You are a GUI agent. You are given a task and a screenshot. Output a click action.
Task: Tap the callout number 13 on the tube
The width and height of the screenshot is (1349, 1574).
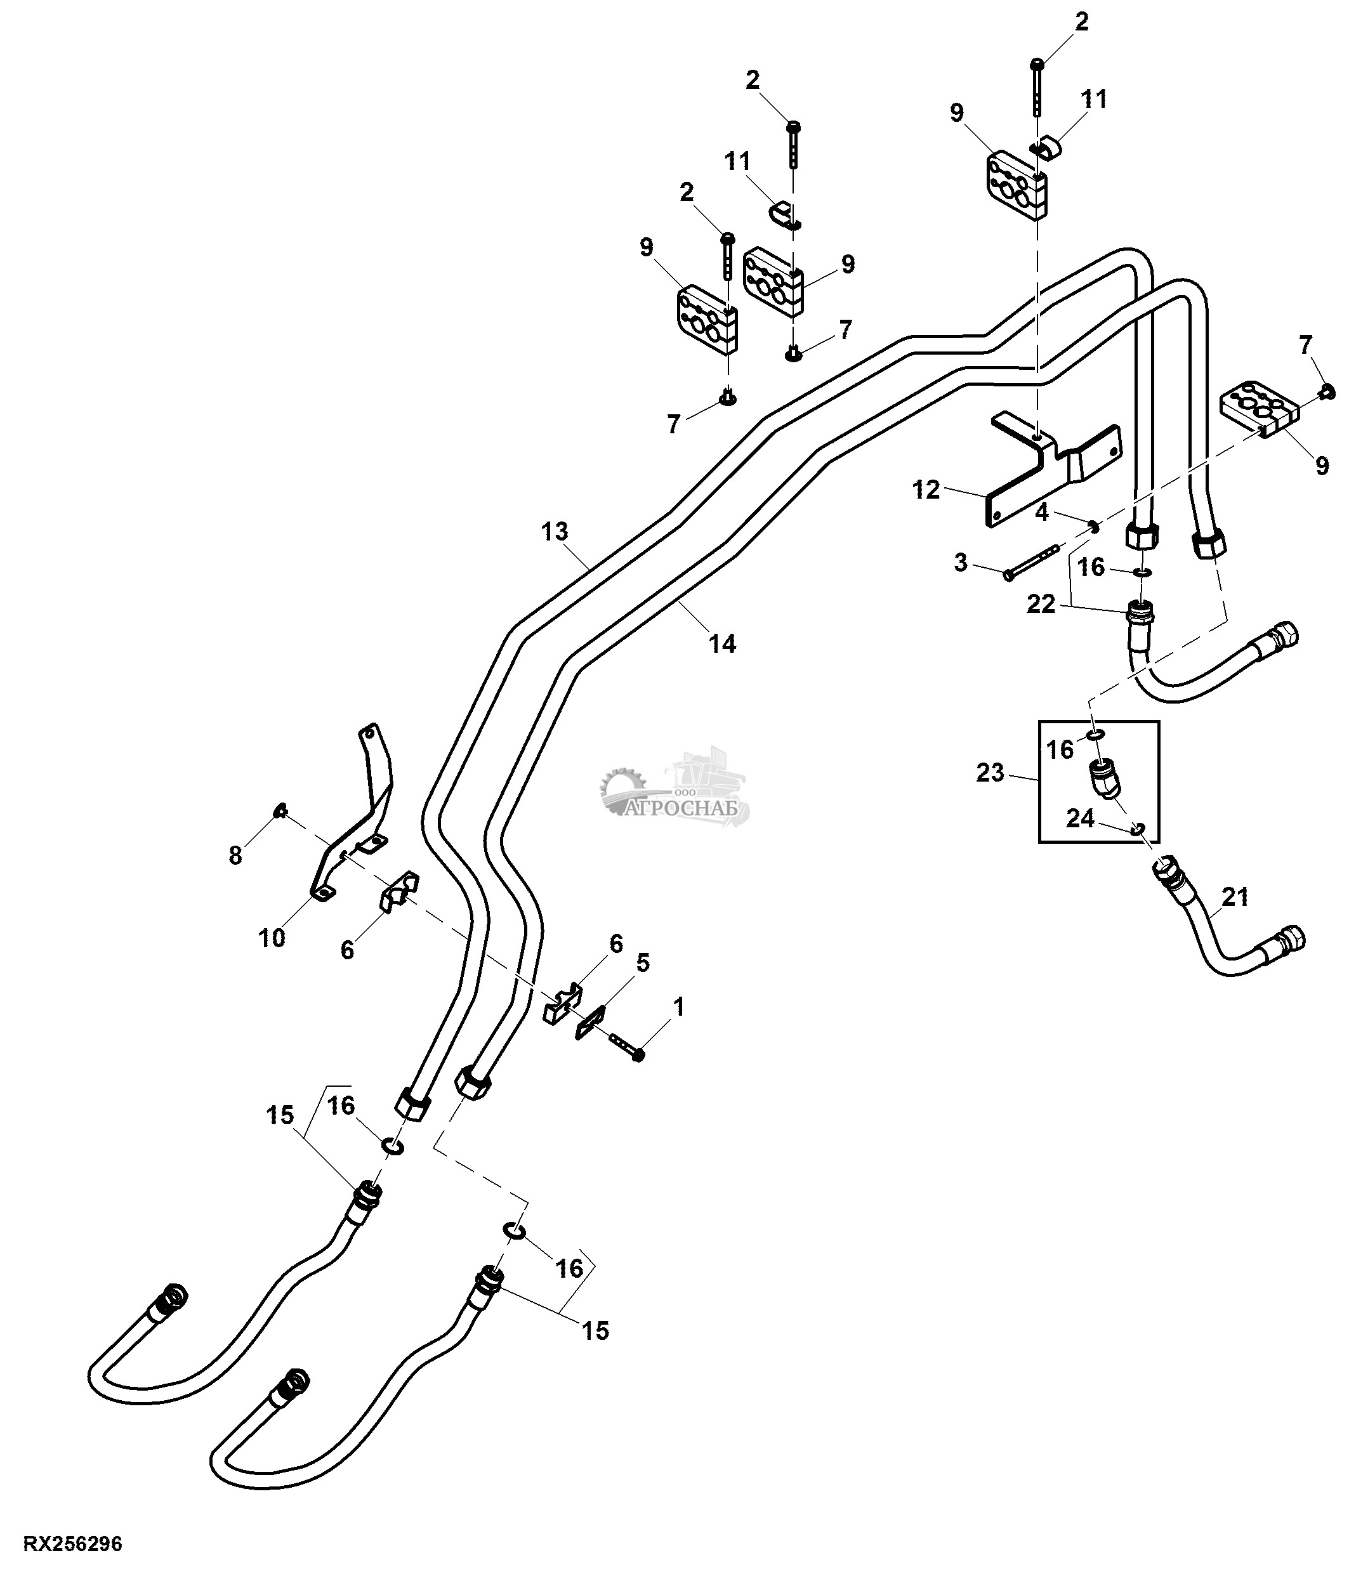coord(555,531)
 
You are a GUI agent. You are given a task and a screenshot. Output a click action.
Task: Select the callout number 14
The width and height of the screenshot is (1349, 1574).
coord(722,643)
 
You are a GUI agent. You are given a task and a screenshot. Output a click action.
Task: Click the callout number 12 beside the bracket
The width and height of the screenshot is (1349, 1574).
coord(926,490)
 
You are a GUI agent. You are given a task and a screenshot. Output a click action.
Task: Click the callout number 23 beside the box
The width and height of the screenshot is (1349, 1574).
coord(990,773)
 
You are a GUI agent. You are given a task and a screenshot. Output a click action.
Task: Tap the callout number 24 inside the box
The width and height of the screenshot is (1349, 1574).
coord(1079,818)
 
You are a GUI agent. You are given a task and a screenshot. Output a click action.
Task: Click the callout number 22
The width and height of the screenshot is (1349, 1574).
coord(1041,604)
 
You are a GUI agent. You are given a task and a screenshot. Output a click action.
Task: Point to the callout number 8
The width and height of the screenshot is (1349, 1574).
coord(235,855)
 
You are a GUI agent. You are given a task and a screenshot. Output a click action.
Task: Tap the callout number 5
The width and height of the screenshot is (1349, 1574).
coord(643,963)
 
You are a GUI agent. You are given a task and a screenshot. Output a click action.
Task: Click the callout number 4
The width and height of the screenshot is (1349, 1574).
coord(1041,513)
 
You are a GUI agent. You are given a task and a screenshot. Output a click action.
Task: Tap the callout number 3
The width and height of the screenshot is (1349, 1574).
coord(961,563)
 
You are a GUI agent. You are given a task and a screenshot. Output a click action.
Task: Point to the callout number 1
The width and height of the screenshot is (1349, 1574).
coord(678,1007)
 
